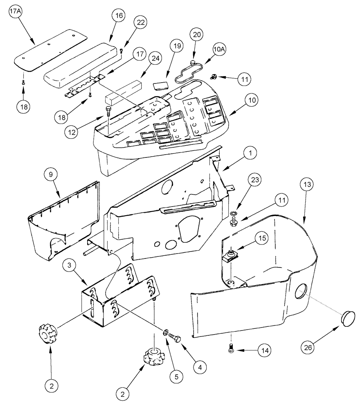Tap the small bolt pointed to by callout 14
(232, 348)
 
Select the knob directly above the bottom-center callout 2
(153, 357)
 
